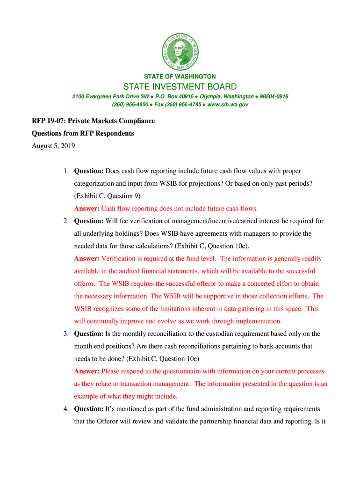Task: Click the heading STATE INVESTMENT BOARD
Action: tap(180, 87)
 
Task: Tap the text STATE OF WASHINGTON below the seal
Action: tap(180, 76)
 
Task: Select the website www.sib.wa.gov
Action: tap(228, 105)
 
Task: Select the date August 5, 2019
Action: tap(53, 146)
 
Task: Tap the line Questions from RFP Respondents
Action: tap(83, 133)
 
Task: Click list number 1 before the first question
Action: tap(66, 171)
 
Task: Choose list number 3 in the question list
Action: tap(66, 334)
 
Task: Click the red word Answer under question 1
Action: tap(86, 209)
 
